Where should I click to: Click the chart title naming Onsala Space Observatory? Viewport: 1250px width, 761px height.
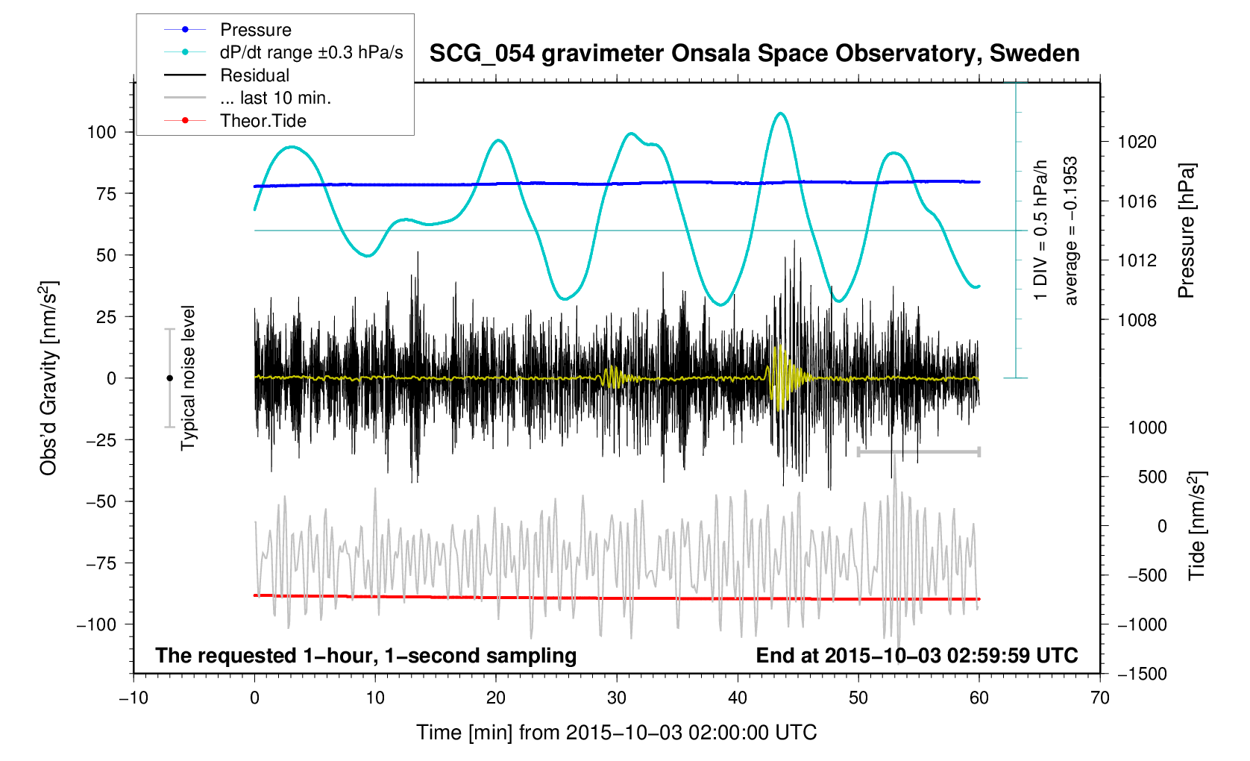754,54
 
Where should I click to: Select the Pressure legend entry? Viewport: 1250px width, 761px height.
255,30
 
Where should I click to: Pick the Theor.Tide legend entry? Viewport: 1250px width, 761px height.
263,121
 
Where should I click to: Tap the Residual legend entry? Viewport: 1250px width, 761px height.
254,75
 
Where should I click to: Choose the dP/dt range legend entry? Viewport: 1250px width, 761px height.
311,52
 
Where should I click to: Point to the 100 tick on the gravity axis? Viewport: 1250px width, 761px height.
101,132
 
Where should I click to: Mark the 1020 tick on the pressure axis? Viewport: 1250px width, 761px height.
1137,142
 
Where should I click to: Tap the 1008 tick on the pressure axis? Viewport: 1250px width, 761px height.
1137,320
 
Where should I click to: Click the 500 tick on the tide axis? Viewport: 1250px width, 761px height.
1152,477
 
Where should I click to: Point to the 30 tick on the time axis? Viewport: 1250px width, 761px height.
617,698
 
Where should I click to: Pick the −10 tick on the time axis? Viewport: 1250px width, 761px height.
134,698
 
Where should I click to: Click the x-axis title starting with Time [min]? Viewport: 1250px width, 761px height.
616,733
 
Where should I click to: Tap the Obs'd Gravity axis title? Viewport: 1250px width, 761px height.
48,378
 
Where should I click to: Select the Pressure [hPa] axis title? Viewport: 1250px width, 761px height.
1186,231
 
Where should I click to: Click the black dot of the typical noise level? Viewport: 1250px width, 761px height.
169,378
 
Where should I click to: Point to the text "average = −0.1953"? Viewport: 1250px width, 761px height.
1071,231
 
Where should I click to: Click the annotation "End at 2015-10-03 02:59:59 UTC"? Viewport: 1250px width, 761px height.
917,656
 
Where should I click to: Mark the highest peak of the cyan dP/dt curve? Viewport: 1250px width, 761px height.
780,113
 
